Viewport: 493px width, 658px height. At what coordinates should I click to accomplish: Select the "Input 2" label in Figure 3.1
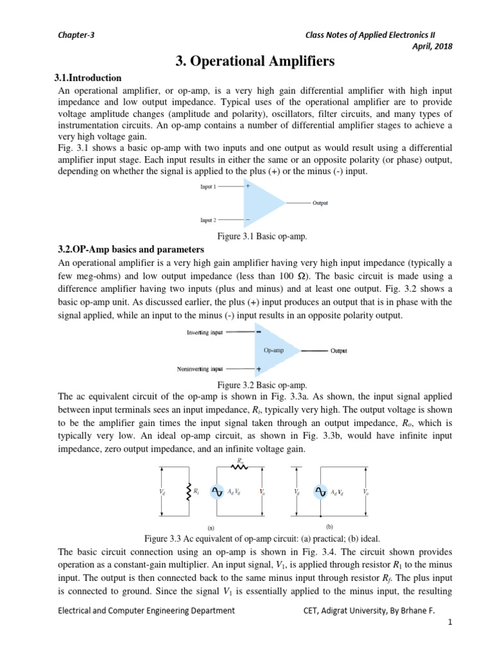click(208, 220)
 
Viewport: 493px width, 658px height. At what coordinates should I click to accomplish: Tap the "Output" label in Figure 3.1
click(320, 203)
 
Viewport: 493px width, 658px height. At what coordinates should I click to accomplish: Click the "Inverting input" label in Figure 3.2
click(205, 333)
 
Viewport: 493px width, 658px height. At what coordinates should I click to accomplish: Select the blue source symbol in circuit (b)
click(320, 492)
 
